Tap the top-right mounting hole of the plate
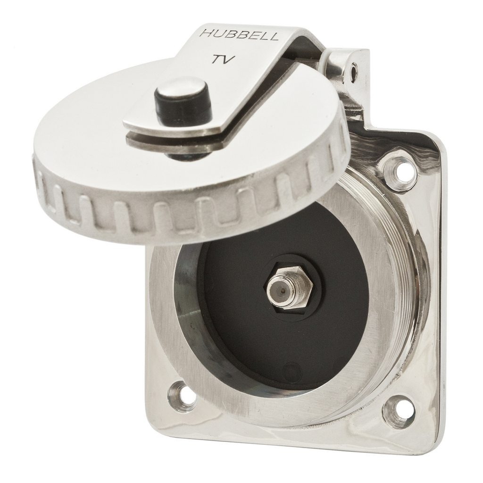[401, 173]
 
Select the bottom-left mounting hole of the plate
[184, 395]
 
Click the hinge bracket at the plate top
[347, 80]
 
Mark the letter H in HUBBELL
[205, 33]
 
